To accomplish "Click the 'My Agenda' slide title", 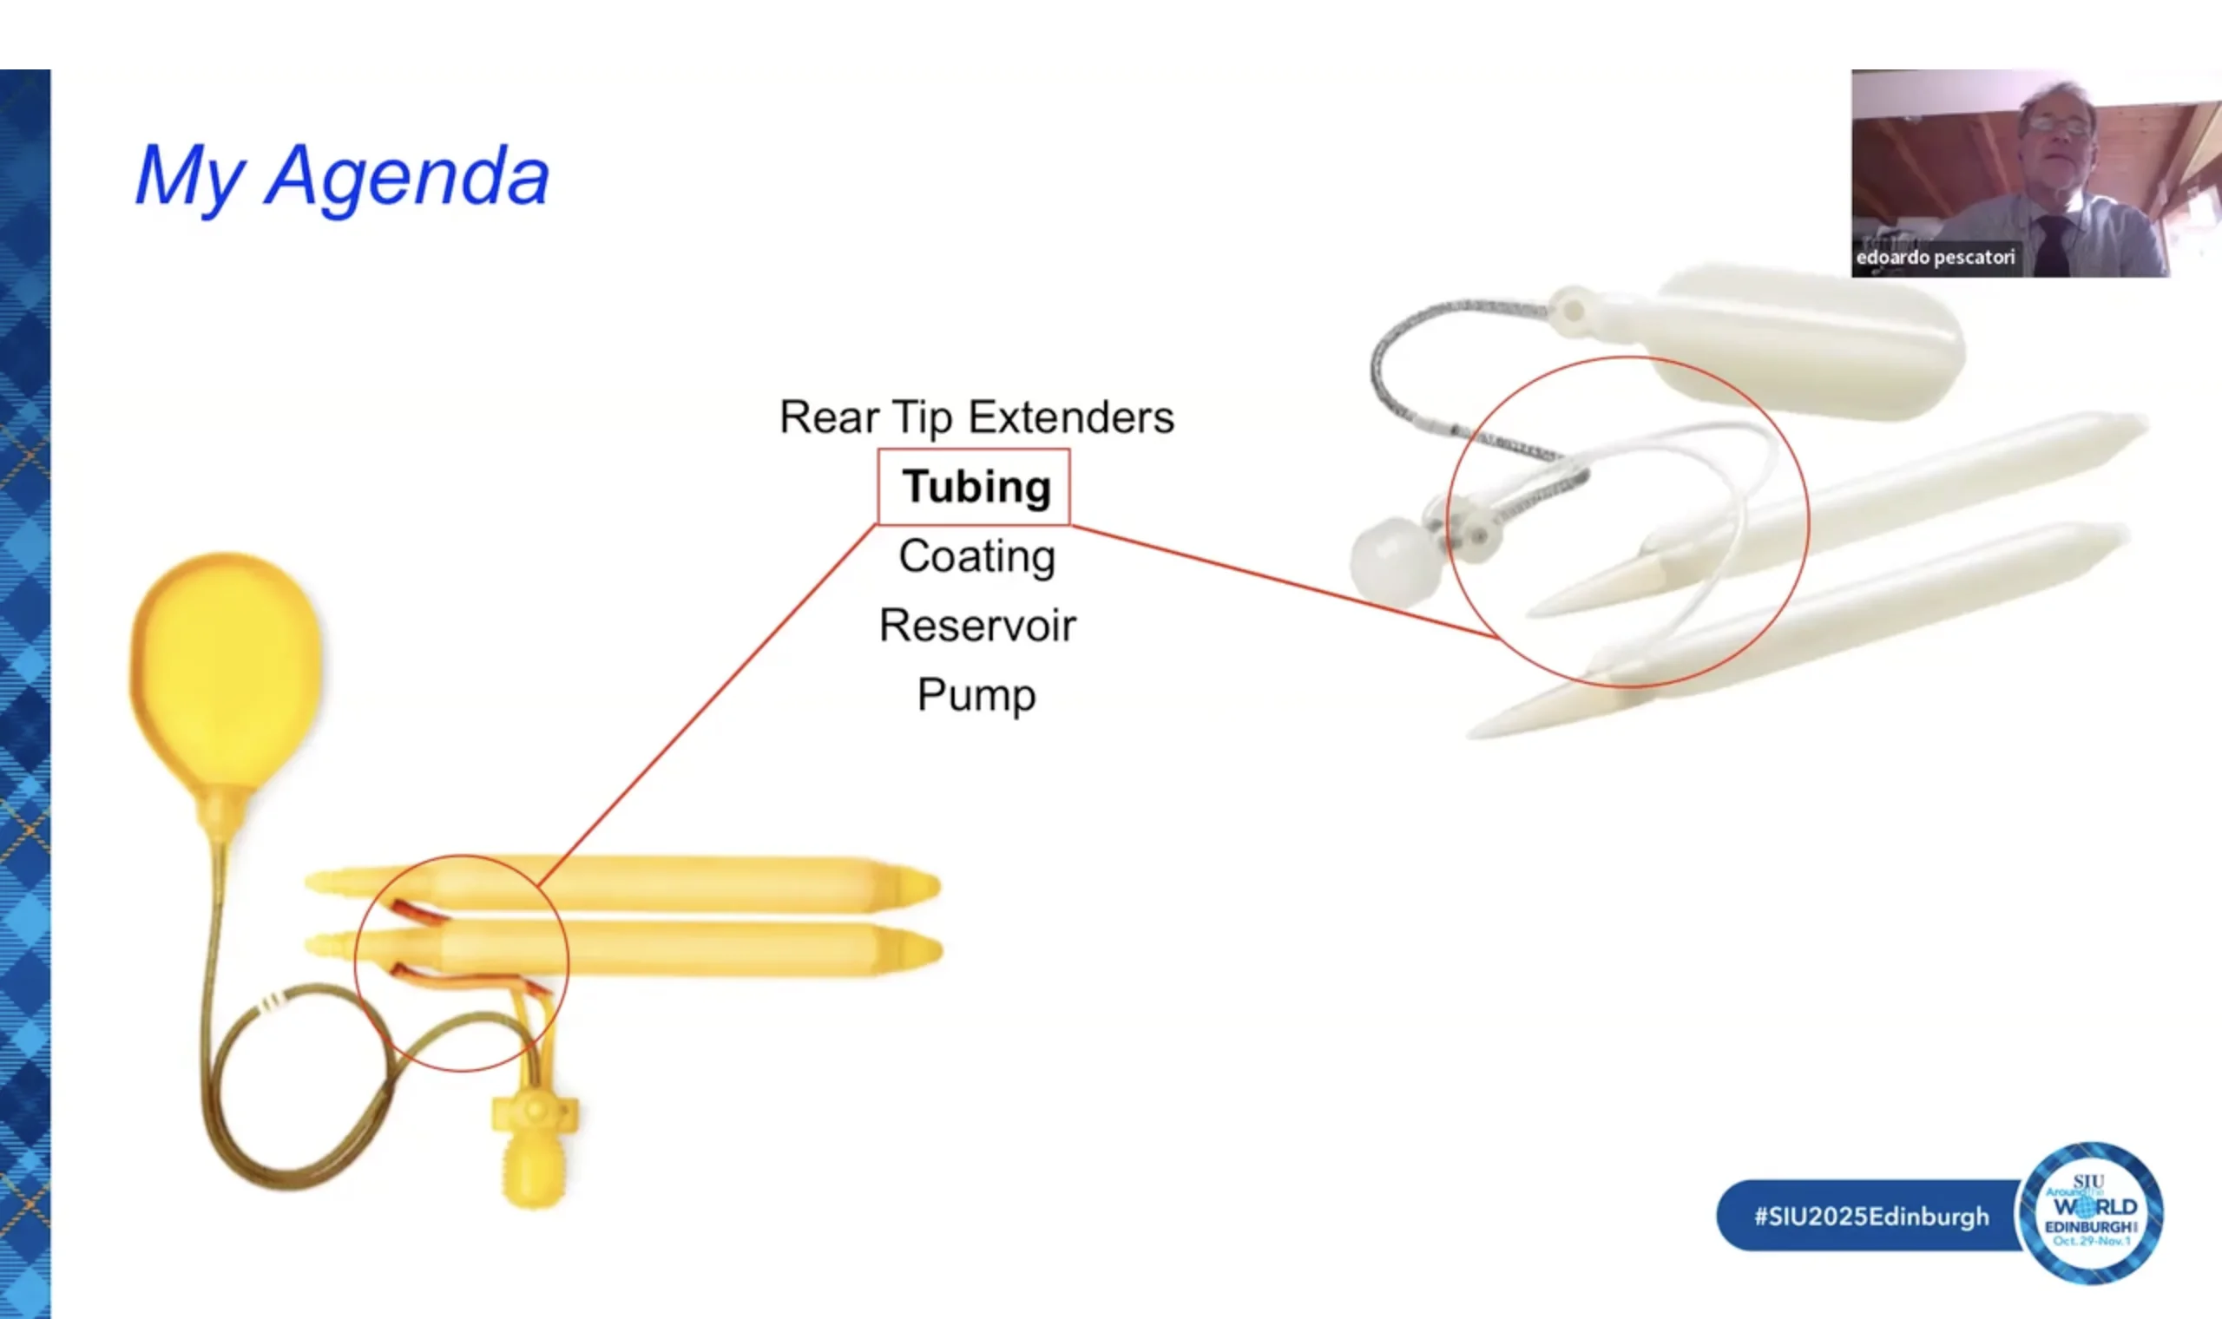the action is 342,177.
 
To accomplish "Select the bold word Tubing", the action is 976,488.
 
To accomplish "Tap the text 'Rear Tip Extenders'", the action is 976,417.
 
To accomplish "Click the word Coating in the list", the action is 976,557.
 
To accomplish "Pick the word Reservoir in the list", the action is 976,626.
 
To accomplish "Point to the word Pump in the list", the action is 976,696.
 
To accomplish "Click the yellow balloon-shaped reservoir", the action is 226,675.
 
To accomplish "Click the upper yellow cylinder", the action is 622,883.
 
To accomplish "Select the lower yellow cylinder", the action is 622,949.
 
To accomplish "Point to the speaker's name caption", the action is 1934,258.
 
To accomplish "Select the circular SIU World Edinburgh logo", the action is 2091,1213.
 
